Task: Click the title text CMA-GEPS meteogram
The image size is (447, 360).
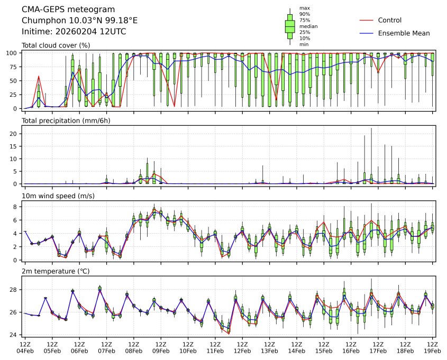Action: (65, 10)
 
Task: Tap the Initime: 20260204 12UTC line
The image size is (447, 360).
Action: (74, 31)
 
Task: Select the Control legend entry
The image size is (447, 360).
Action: (390, 21)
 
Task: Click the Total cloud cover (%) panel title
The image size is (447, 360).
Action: (56, 45)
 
